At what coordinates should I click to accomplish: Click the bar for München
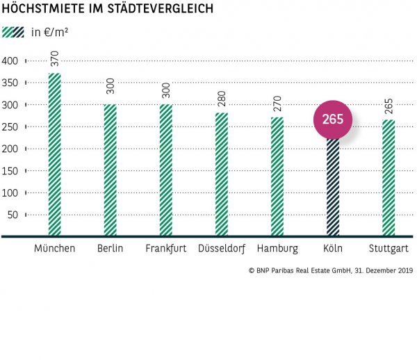(54, 154)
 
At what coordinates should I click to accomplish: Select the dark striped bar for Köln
(333, 188)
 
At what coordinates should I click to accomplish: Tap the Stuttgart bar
(389, 177)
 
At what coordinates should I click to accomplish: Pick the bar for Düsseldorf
(222, 174)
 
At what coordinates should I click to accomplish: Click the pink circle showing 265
(333, 120)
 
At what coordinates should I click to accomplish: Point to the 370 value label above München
(55, 59)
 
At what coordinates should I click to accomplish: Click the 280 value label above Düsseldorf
(222, 99)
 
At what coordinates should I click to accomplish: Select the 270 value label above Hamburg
(277, 103)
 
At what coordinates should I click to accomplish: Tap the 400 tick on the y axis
(10, 61)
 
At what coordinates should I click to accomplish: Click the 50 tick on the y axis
(13, 215)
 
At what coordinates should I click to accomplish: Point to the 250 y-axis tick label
(10, 127)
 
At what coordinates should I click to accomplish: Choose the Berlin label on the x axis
(111, 248)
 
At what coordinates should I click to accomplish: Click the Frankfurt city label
(165, 248)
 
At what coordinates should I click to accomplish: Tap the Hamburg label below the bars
(277, 248)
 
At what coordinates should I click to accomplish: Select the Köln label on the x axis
(333, 248)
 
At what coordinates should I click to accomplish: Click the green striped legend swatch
(9, 32)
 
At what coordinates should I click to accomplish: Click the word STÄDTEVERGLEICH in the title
(152, 10)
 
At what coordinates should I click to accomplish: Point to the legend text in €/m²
(50, 32)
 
